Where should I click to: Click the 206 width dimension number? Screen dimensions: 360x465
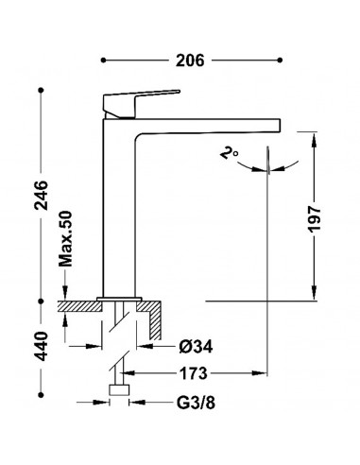point(190,60)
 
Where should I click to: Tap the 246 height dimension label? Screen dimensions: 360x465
point(42,196)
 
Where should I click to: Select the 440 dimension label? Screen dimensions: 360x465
point(42,346)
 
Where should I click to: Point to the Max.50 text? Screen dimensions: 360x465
point(66,239)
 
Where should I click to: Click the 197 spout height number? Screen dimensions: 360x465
point(314,219)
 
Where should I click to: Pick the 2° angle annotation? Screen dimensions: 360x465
point(229,153)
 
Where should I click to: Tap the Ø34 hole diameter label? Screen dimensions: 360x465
point(196,347)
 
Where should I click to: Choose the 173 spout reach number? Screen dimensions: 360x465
point(194,373)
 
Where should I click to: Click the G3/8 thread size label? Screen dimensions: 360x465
point(196,403)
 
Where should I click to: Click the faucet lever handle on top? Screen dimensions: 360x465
point(139,103)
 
